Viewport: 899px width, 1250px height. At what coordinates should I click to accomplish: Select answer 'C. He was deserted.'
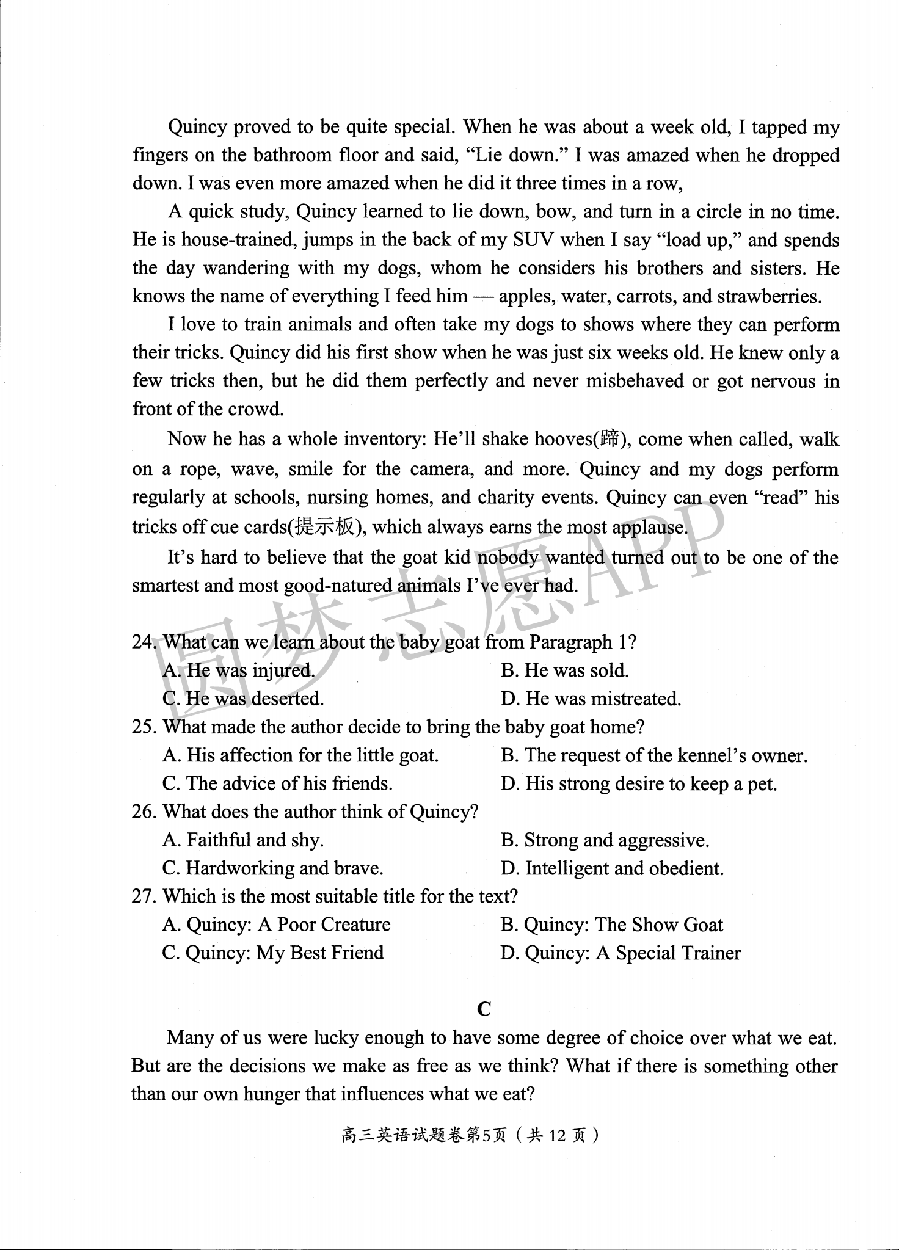click(243, 699)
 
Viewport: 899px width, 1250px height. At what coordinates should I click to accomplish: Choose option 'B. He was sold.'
click(564, 670)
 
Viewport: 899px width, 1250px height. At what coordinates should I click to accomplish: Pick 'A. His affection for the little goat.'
click(300, 755)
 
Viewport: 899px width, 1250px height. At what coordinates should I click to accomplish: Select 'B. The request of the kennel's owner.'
click(653, 755)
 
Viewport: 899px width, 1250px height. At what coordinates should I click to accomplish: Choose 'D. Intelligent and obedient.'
click(612, 868)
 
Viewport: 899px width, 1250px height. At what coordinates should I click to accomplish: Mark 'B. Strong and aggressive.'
click(605, 840)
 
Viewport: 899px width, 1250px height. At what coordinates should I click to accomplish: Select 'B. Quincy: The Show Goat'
click(611, 925)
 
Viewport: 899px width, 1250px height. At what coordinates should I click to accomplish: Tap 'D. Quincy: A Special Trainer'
click(621, 953)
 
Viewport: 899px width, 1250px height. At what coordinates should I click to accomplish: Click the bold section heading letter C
click(484, 1009)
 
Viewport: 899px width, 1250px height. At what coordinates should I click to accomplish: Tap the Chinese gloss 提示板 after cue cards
click(324, 527)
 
